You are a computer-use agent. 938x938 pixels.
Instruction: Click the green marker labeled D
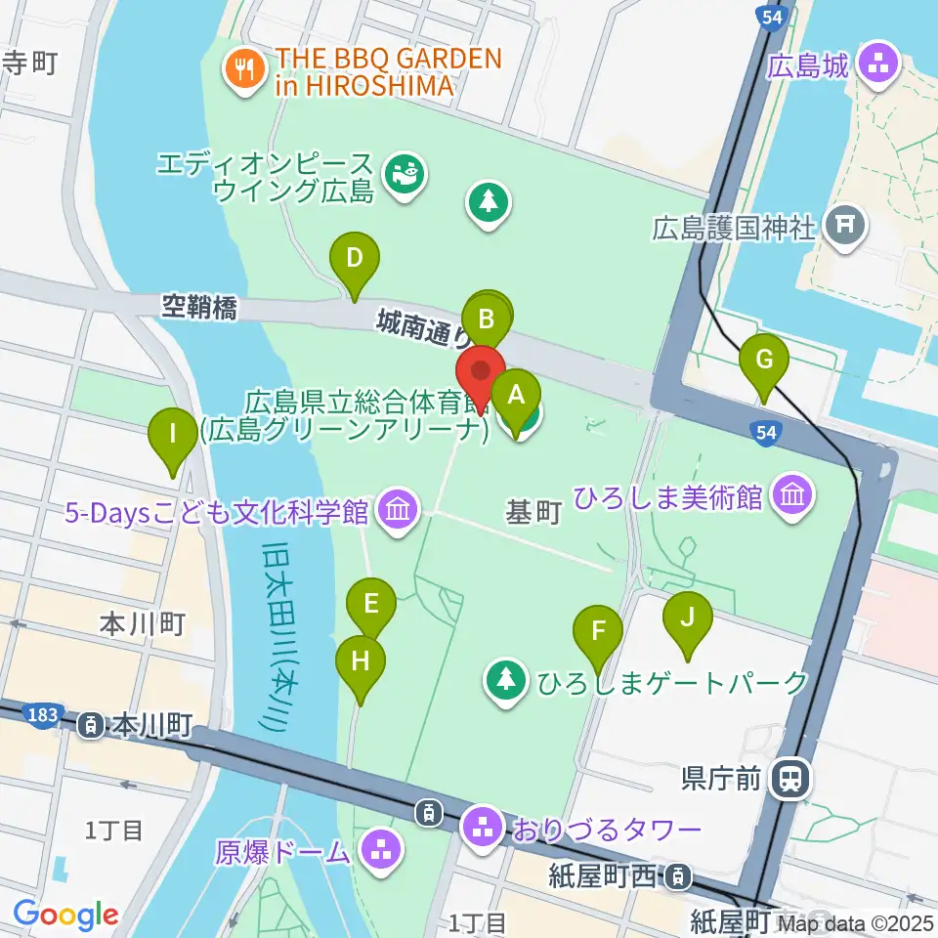click(x=354, y=260)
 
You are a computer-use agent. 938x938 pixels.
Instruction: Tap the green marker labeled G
click(x=764, y=361)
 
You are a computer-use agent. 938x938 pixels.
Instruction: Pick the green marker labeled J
click(x=687, y=618)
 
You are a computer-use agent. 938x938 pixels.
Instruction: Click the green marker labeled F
click(x=598, y=632)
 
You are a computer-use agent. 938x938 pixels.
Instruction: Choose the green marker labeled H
click(x=361, y=662)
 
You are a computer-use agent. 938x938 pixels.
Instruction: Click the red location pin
click(x=481, y=373)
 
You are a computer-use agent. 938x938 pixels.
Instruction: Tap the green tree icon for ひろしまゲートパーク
click(x=506, y=679)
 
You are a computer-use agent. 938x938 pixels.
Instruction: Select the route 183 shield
click(x=43, y=715)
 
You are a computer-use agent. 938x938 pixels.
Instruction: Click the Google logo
click(x=66, y=915)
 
